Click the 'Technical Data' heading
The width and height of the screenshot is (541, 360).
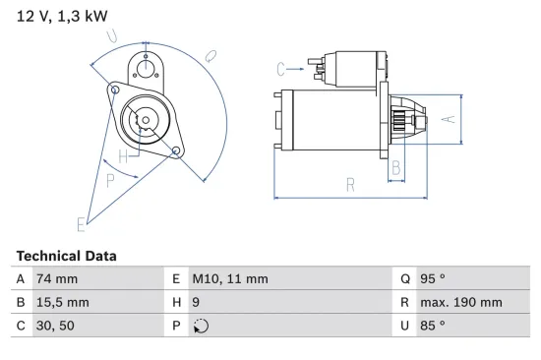coord(66,256)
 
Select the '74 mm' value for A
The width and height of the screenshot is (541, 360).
coord(55,278)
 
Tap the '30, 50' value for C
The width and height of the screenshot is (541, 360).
coord(55,325)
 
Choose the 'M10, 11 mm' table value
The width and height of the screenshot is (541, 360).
coord(229,278)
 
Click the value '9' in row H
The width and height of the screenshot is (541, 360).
coord(196,302)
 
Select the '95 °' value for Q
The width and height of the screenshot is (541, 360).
coord(432,278)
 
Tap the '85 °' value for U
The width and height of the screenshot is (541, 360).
coord(432,325)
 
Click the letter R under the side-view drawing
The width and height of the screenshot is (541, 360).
coord(350,183)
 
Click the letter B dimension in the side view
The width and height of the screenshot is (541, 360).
coord(395,168)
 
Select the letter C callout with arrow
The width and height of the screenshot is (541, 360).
coord(281,68)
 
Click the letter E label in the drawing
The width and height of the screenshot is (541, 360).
coord(82,224)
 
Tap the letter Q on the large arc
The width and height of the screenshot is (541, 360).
coord(210,57)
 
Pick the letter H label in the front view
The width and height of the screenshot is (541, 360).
coord(123,156)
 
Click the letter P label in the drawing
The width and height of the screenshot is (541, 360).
coord(110,180)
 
